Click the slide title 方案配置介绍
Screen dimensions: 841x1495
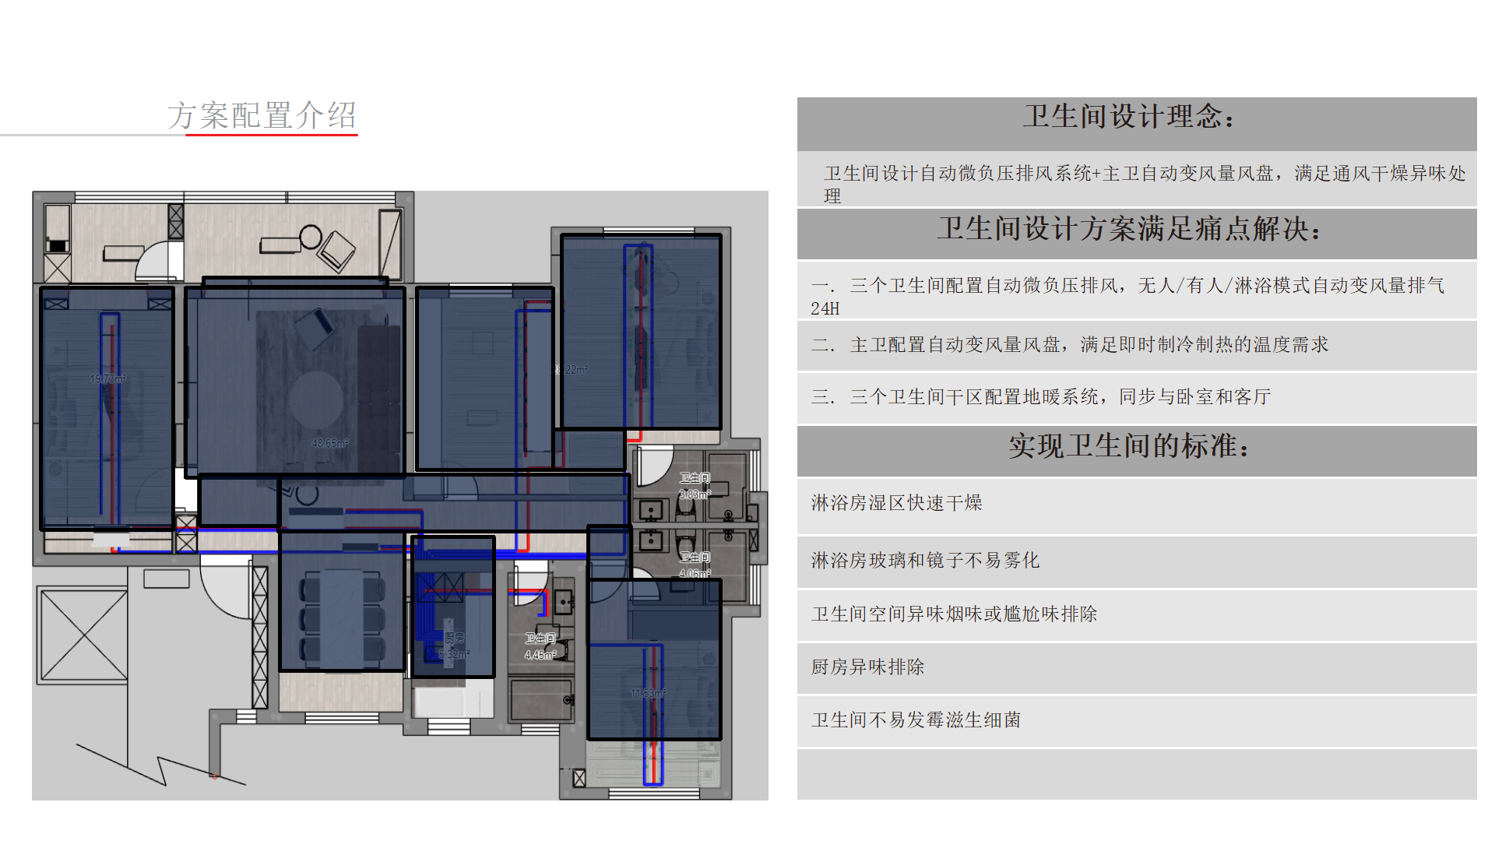click(262, 115)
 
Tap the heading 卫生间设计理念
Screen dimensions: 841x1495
click(1128, 117)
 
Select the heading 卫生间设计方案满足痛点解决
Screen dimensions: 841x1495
click(1128, 229)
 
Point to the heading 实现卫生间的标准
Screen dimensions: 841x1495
click(1128, 446)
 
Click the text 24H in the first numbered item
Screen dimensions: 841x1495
click(825, 309)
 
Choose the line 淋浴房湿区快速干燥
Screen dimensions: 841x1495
click(896, 503)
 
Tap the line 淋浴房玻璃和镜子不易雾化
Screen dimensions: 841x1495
click(925, 561)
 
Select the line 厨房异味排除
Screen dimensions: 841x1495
click(867, 667)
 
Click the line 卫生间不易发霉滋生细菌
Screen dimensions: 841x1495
click(916, 720)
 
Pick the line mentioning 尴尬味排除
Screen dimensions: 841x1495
click(954, 614)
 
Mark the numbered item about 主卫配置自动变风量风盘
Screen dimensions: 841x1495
click(1070, 345)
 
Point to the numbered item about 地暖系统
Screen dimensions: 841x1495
click(1041, 397)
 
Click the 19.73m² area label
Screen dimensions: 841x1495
click(107, 379)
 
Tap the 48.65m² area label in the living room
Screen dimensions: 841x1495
click(330, 443)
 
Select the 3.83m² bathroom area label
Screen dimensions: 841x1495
click(695, 494)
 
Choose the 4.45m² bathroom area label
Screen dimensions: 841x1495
click(540, 655)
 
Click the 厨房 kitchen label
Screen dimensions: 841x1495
click(454, 638)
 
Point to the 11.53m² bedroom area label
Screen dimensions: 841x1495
click(648, 693)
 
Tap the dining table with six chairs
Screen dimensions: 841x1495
click(343, 618)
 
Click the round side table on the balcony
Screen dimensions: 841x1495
click(311, 236)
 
